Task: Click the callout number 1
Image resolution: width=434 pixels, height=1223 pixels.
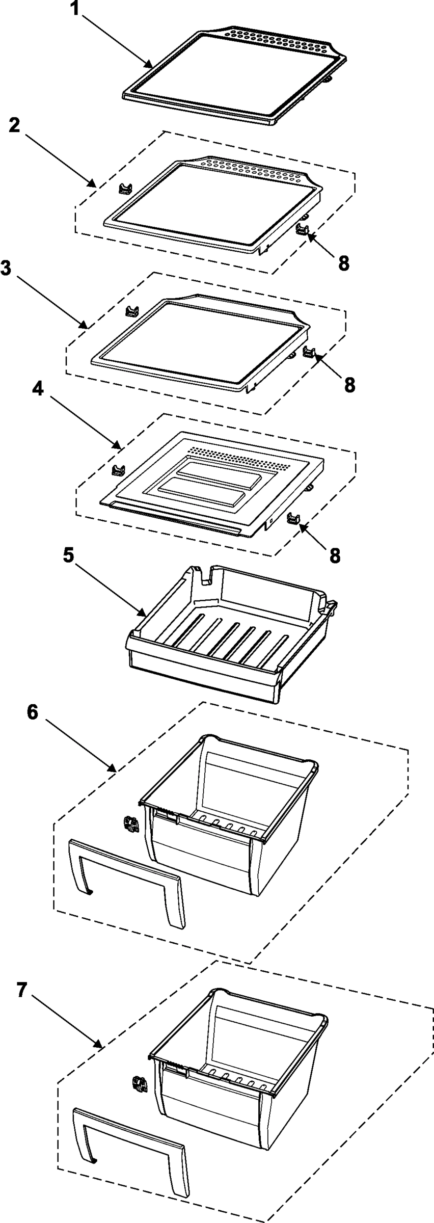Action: click(x=75, y=9)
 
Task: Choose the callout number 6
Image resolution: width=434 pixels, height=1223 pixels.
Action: click(x=32, y=712)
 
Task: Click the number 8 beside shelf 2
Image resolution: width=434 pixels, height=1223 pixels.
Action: click(x=343, y=262)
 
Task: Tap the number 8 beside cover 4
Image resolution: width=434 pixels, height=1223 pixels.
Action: click(x=335, y=555)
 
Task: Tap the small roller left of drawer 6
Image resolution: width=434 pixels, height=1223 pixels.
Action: click(x=132, y=823)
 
